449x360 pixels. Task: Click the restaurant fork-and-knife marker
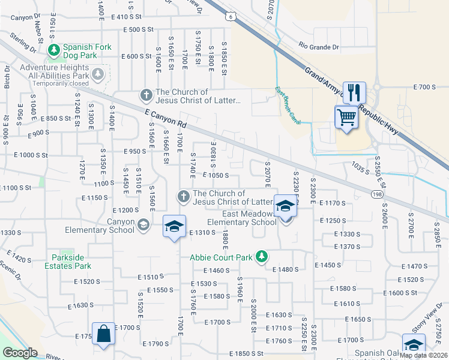point(354,92)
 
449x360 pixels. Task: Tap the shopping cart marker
point(346,116)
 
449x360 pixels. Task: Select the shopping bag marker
point(104,334)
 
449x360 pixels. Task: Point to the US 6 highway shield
point(230,17)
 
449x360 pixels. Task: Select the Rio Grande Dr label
point(319,46)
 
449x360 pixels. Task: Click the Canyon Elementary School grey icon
point(143,225)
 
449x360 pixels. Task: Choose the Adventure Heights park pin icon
point(98,74)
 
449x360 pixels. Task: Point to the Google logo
point(20,353)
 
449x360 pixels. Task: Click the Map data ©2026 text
point(423,355)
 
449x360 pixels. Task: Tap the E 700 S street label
point(424,88)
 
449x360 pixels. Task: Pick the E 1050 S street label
point(216,175)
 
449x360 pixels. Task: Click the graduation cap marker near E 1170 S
point(285,207)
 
